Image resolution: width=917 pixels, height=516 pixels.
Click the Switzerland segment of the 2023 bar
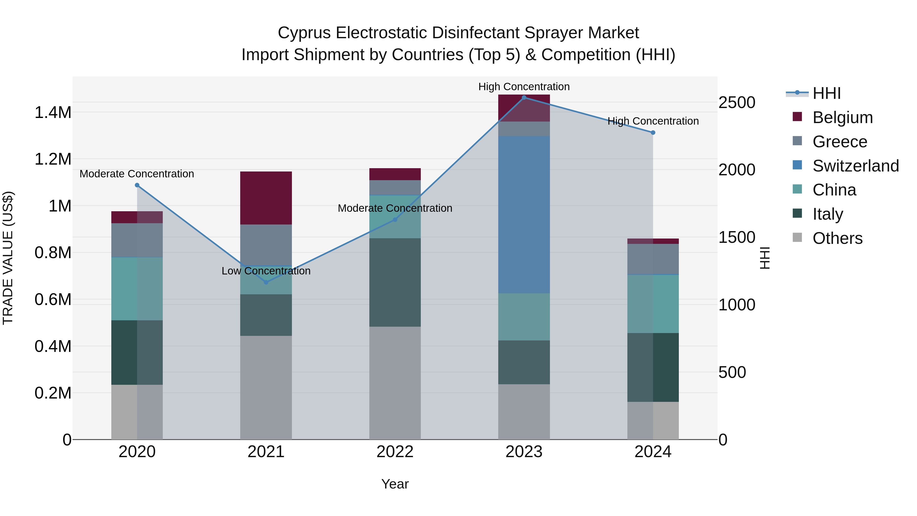[524, 214]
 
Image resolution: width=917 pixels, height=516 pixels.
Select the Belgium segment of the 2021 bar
[266, 198]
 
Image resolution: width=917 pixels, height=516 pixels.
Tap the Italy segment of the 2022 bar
[395, 282]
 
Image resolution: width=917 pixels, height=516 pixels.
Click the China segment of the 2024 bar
[653, 304]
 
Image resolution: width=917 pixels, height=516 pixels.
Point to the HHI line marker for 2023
[524, 98]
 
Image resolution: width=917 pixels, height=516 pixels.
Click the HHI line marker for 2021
[266, 282]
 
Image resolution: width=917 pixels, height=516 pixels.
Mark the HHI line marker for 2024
[653, 133]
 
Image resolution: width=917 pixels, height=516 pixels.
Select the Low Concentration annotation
[266, 271]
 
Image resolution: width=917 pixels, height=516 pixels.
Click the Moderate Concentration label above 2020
[137, 174]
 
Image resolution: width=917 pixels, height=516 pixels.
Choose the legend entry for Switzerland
[855, 166]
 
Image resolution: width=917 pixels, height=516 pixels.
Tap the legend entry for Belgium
[842, 117]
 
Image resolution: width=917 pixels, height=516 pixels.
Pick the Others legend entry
[837, 238]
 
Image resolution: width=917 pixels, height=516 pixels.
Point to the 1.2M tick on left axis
[53, 159]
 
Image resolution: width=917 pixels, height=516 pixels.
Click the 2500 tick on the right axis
[736, 102]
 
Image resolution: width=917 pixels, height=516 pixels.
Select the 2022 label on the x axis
[395, 452]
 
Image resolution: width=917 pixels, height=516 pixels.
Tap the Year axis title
[395, 484]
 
